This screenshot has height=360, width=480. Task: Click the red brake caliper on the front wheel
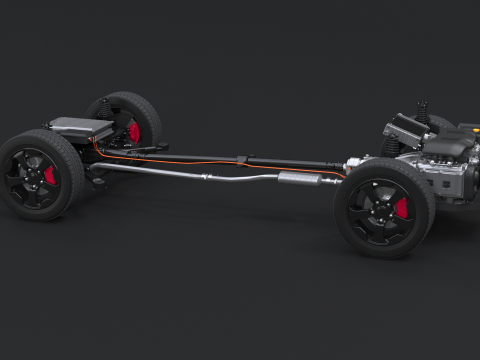[x=402, y=208]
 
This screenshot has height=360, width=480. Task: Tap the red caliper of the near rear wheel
[x=50, y=176]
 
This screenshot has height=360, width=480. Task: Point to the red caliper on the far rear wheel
[x=135, y=131]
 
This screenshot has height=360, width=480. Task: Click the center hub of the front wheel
[x=380, y=212]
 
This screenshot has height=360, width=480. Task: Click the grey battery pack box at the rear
[x=80, y=128]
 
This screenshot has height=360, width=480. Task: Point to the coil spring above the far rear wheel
[x=104, y=109]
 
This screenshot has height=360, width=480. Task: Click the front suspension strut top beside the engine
[x=423, y=112]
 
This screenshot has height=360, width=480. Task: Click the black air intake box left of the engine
[x=405, y=130]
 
